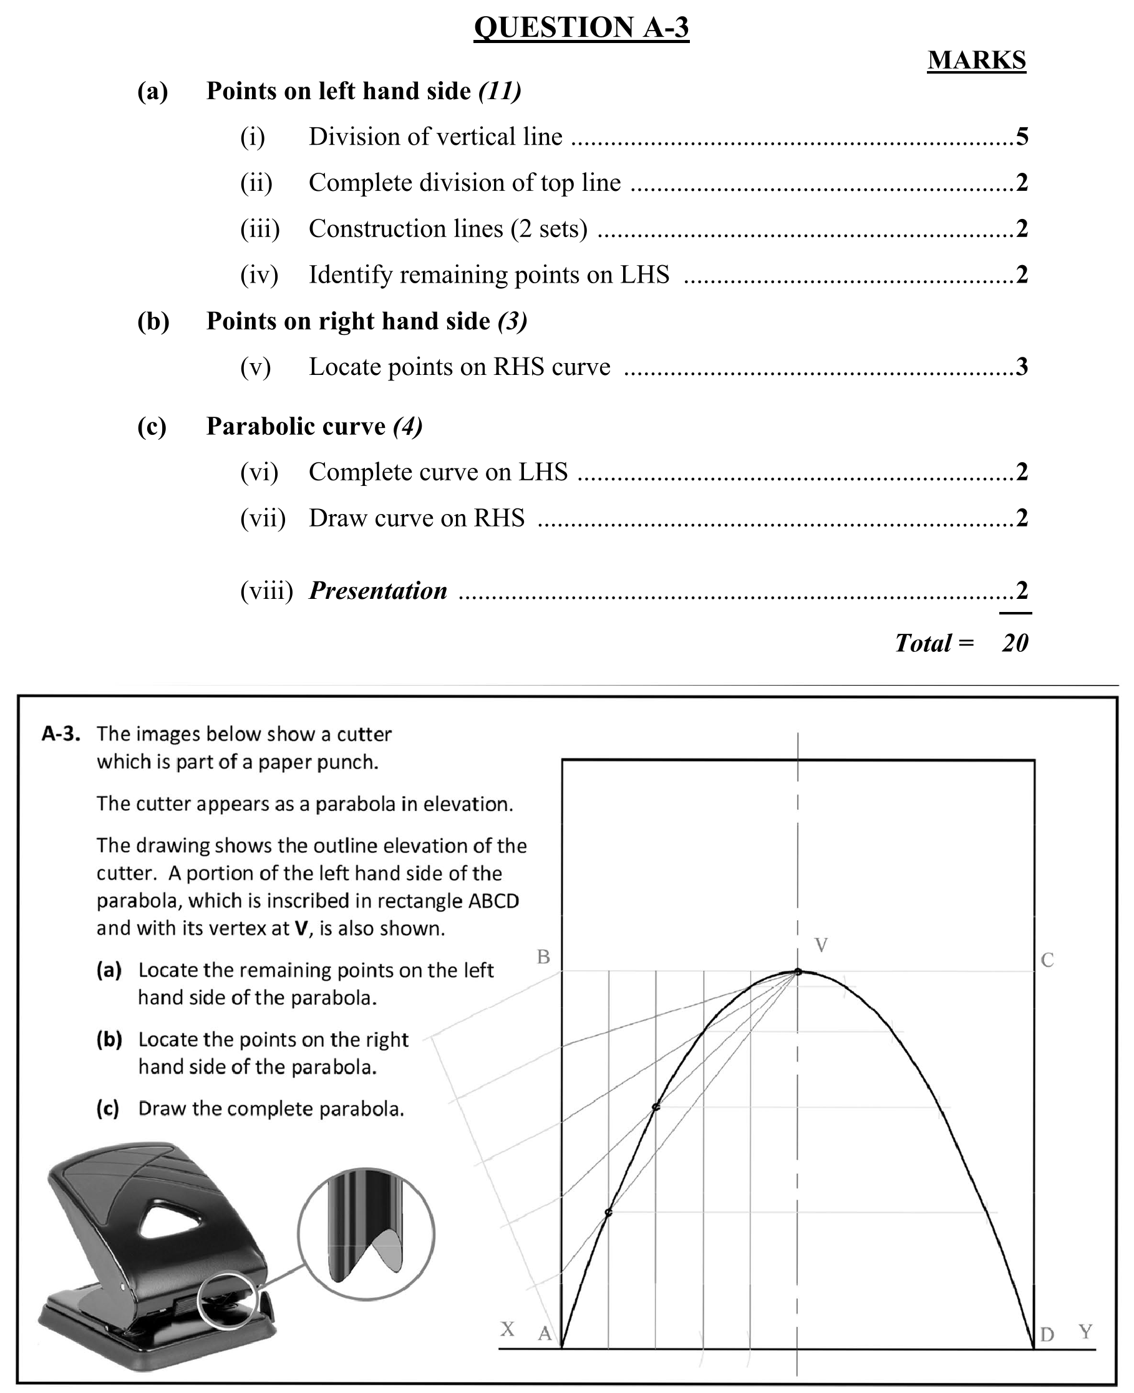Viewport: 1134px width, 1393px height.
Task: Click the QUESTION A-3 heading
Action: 581,28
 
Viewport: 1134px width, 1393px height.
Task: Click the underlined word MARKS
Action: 976,60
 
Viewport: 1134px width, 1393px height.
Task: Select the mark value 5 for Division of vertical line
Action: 1022,137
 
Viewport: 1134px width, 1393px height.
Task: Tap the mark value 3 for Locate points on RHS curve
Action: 1022,367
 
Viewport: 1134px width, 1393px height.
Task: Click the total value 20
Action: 1014,643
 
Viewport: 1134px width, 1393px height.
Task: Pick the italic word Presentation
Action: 377,591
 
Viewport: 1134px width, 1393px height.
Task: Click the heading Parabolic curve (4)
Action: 314,426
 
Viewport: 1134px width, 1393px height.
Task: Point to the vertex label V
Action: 821,945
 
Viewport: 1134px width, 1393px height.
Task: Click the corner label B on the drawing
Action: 543,957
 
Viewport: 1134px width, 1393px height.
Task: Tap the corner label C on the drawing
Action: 1047,961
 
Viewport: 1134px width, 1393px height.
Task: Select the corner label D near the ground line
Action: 1047,1334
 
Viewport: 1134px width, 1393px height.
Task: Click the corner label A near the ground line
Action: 545,1334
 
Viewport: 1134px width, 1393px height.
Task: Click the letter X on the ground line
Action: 508,1329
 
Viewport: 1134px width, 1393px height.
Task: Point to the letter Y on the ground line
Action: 1085,1332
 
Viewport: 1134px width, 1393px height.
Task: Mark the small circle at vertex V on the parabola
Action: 798,972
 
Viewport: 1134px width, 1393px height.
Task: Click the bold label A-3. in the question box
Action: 61,734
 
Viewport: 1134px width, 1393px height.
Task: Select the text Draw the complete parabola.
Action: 271,1109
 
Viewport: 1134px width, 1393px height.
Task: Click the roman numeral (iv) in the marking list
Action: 259,274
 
